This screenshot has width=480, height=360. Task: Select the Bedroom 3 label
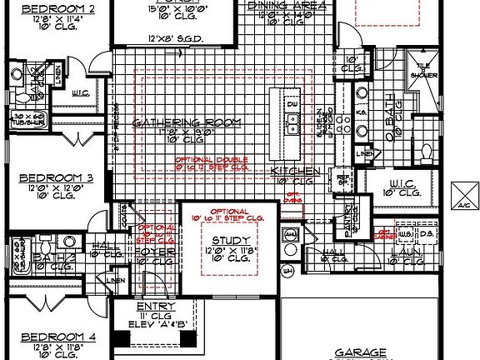click(56, 177)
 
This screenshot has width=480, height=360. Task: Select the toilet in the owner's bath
click(426, 153)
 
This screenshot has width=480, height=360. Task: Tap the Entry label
click(154, 307)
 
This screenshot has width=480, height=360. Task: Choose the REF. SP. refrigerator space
click(342, 178)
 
